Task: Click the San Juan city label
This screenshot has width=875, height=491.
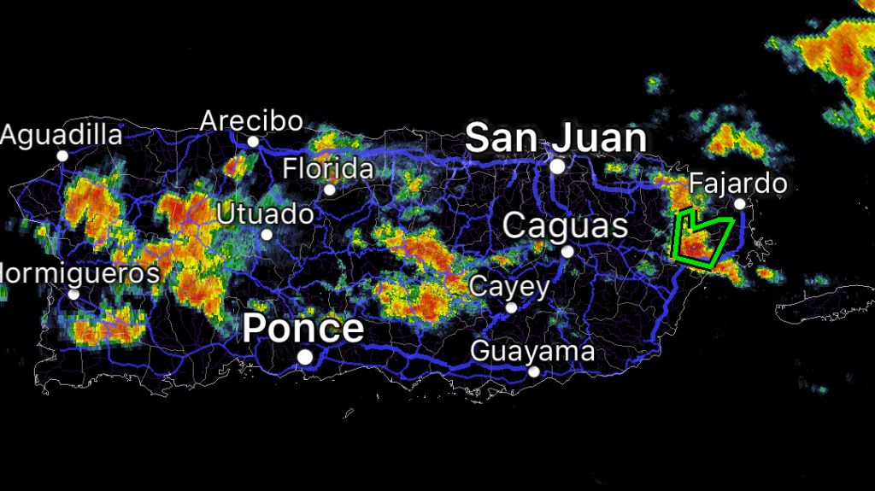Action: (555, 137)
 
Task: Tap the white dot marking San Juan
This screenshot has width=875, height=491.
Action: (558, 167)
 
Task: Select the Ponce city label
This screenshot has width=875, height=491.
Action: (303, 328)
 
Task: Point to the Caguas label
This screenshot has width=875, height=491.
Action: (566, 226)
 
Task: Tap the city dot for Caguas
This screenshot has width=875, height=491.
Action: (567, 251)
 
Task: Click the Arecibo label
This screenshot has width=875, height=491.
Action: (251, 120)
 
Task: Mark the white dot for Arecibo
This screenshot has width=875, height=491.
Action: (253, 142)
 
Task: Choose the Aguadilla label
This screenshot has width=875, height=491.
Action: (62, 135)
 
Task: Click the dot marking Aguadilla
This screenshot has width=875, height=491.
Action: (62, 155)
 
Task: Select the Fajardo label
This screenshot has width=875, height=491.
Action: (737, 183)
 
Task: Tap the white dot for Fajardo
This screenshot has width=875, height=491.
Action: (739, 203)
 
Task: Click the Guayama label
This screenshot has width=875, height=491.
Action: (532, 351)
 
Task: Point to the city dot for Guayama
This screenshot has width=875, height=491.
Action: (534, 371)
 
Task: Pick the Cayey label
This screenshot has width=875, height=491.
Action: (510, 286)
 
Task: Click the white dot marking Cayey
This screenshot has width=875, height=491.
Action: (512, 307)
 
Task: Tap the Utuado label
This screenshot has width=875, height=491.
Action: (265, 213)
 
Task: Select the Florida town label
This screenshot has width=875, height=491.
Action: (328, 168)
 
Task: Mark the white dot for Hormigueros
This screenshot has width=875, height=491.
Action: (73, 295)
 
